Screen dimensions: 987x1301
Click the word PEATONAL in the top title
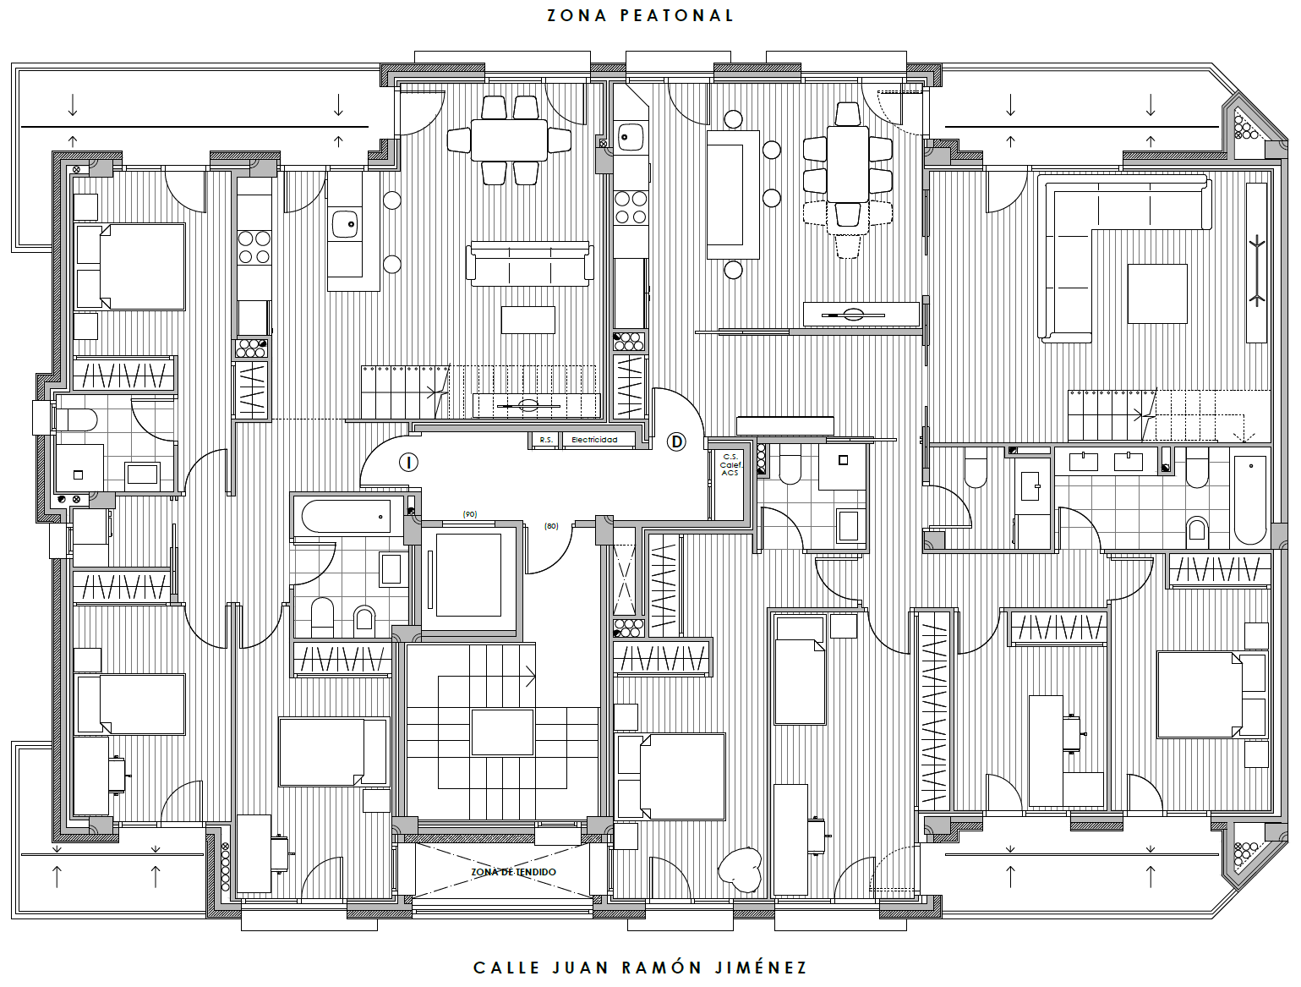677,15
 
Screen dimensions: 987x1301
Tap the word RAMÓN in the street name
661,968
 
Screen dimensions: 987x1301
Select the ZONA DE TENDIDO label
513,872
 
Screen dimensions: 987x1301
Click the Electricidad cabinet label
594,440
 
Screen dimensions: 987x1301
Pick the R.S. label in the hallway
545,440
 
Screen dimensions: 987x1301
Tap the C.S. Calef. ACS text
730,465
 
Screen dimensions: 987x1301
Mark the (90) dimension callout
470,514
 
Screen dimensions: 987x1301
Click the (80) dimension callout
551,526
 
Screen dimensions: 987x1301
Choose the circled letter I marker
408,463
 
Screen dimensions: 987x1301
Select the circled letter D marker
676,441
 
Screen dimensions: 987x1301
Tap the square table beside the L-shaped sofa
1157,293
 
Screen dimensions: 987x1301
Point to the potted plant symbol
741,869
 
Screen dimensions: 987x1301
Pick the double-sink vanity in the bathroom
1106,462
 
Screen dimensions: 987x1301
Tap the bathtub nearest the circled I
347,516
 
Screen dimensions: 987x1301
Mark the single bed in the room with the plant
799,670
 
